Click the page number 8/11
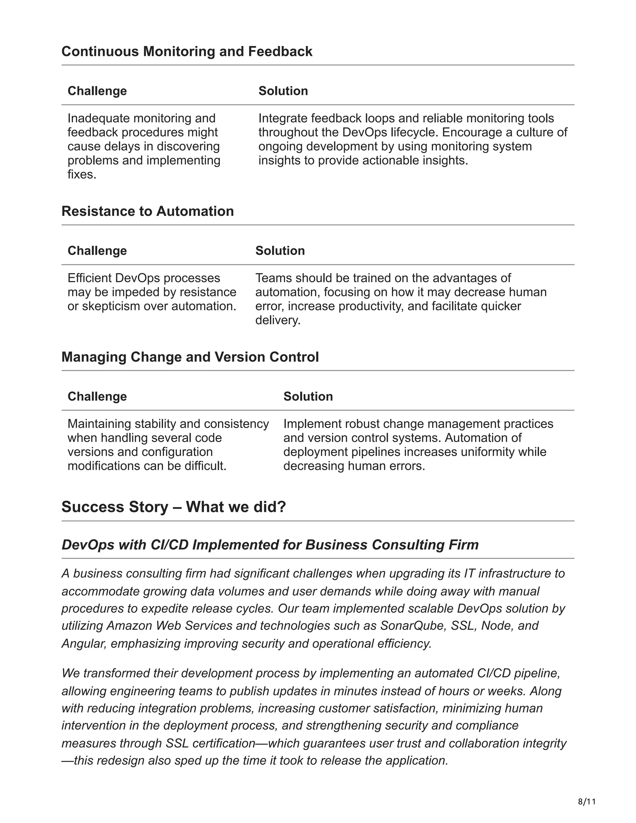587,801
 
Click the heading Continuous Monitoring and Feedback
187,52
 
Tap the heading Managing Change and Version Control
190,357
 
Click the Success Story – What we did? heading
174,507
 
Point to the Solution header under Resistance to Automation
280,251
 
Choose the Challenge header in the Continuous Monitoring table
97,91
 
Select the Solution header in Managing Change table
308,396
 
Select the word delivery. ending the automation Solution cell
278,320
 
